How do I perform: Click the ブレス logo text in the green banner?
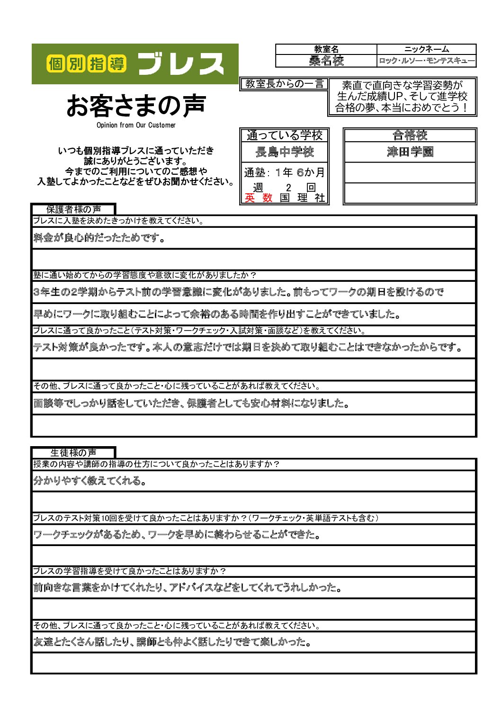pos(181,64)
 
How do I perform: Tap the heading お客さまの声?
pos(136,105)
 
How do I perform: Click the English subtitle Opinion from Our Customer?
pos(136,125)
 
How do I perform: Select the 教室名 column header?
pos(326,49)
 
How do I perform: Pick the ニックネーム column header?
pos(426,49)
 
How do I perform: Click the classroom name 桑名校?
pos(326,61)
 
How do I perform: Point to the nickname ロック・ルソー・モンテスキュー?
pos(426,61)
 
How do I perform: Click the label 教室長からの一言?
pos(284,84)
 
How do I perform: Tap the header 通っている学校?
pos(284,135)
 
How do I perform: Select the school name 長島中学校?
pos(284,152)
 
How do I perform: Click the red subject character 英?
pos(250,198)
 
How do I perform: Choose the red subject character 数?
pos(268,198)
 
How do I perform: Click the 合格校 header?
pos(410,135)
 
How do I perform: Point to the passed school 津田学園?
pos(410,152)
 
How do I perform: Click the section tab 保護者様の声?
pos(73,209)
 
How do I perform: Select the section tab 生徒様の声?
pos(73,453)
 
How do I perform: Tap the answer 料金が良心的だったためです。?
pos(99,238)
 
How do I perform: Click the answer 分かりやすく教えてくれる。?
pos(89,481)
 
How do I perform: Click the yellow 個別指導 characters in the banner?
pos(86,63)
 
